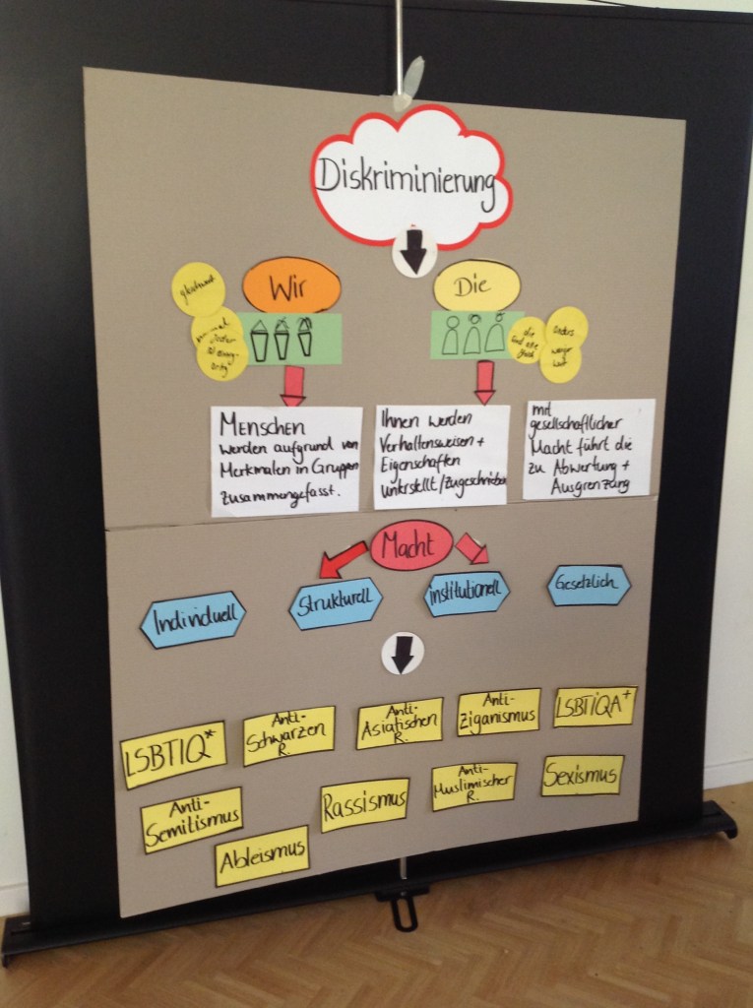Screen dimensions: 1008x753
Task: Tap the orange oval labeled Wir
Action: click(291, 285)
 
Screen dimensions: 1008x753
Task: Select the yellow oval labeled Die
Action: click(477, 285)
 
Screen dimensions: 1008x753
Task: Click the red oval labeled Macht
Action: click(411, 544)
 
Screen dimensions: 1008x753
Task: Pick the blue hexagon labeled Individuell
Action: click(192, 619)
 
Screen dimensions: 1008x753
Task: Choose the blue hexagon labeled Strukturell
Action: click(335, 602)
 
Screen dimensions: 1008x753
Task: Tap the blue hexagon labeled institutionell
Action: click(467, 593)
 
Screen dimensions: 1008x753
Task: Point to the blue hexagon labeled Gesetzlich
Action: click(589, 584)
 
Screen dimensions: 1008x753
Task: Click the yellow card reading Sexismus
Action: click(582, 775)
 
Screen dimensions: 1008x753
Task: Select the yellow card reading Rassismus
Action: click(364, 804)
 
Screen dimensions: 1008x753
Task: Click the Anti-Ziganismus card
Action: click(498, 712)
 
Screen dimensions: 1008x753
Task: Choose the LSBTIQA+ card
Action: click(595, 706)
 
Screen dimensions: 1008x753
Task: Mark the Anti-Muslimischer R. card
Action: click(473, 786)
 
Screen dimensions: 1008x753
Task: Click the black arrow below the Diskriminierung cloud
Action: click(413, 254)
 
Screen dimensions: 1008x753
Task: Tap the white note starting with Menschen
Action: click(286, 460)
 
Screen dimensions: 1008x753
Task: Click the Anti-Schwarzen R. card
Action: click(289, 734)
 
